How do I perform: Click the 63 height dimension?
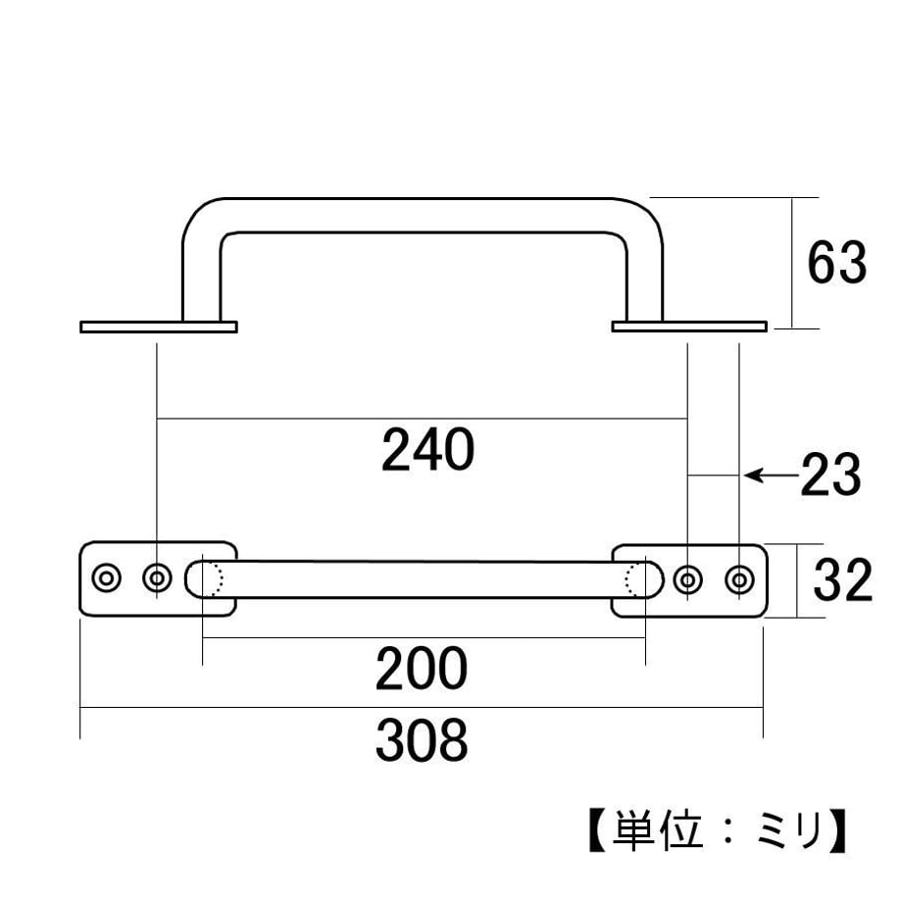coord(837,263)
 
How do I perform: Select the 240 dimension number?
coord(428,450)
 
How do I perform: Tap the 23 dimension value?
coord(830,476)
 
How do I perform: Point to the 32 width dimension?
coord(843,580)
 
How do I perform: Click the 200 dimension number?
coord(421,669)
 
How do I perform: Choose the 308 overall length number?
coord(422,740)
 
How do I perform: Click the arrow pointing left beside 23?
coord(771,476)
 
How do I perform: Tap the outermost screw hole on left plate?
coord(107,577)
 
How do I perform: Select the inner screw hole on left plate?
coord(157,577)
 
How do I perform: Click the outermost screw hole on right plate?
coord(740,579)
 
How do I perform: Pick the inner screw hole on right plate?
coord(687,579)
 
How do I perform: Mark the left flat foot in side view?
coord(159,326)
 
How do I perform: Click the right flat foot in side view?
coord(689,326)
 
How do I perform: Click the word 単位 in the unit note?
coord(658,830)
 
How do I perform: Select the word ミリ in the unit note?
coord(788,830)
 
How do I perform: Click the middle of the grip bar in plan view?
coord(424,579)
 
